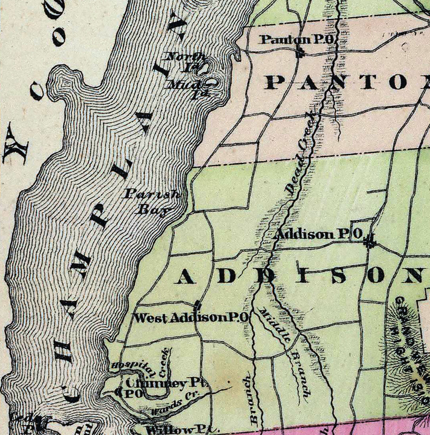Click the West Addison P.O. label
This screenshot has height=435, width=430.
191,318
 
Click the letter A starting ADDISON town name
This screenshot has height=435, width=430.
185,277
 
